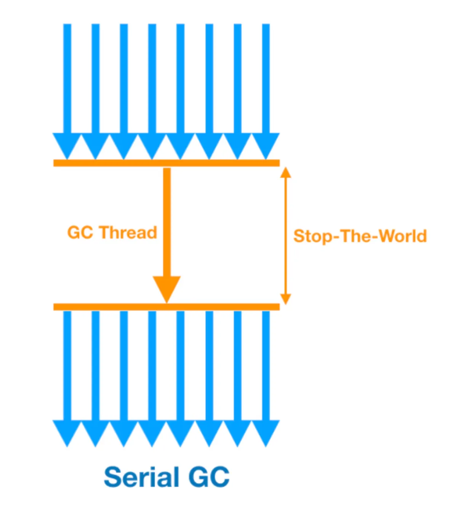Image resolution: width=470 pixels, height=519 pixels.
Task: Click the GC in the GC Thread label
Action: (x=80, y=232)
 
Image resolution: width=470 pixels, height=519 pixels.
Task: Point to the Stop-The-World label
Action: (x=360, y=236)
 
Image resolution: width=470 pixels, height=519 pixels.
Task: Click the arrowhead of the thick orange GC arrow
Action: (x=167, y=288)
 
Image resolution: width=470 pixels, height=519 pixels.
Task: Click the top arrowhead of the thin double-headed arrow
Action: (x=286, y=173)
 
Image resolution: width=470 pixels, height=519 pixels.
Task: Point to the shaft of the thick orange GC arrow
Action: (x=167, y=221)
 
